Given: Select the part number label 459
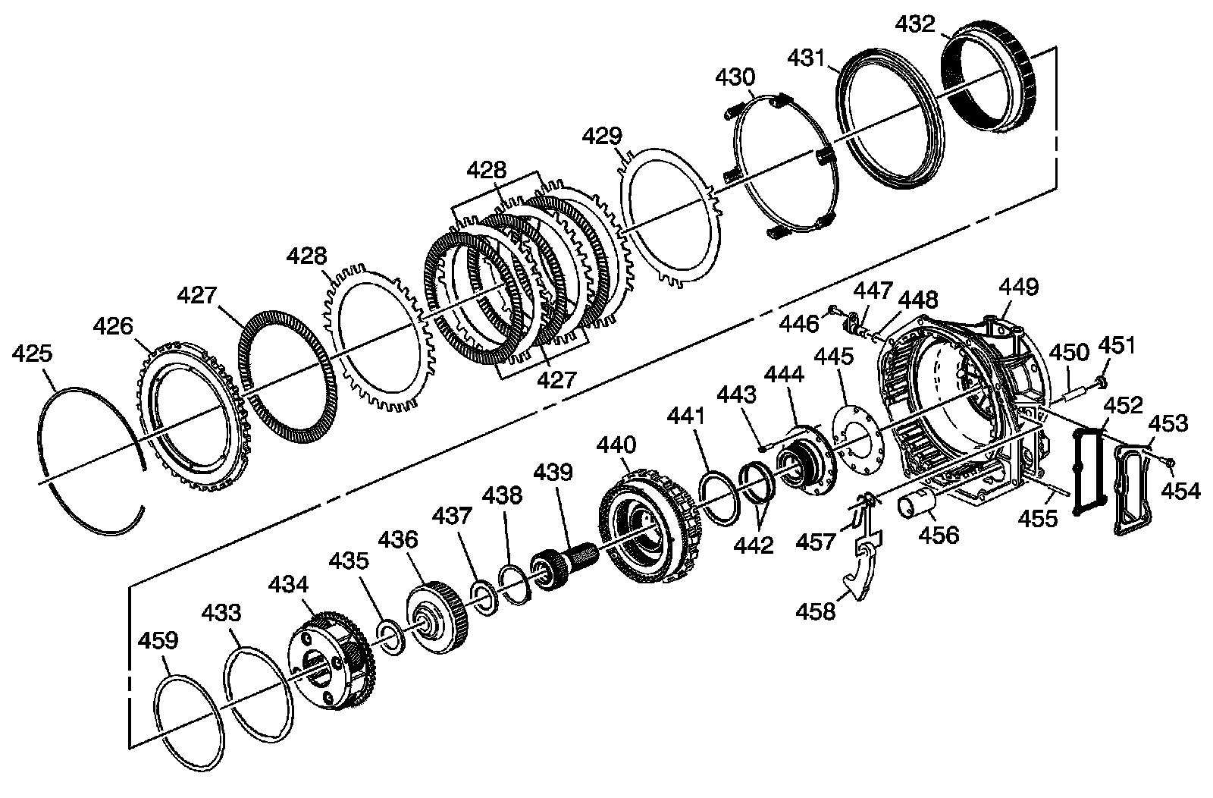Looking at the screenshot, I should [158, 640].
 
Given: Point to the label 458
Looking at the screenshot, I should [816, 610].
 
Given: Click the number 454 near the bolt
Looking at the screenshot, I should [1181, 491].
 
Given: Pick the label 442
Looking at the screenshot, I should [754, 545].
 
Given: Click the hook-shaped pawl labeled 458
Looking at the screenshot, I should [863, 577].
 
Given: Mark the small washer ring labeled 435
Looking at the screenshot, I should [391, 636].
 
